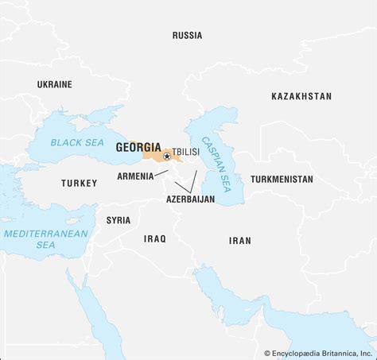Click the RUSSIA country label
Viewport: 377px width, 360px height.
point(188,35)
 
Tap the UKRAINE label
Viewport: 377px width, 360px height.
point(54,83)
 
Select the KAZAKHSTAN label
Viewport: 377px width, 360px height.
point(301,95)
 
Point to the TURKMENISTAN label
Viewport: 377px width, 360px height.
point(282,180)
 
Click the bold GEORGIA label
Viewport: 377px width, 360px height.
point(138,147)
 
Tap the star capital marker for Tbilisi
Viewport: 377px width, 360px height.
point(166,156)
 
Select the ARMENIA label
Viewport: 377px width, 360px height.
point(135,176)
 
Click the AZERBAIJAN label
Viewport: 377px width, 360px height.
point(190,199)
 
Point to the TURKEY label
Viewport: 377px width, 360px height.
point(79,184)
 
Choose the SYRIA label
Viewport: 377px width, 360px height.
point(119,219)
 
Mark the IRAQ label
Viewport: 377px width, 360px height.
point(154,238)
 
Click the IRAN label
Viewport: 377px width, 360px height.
point(239,240)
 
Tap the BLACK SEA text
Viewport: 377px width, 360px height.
point(77,142)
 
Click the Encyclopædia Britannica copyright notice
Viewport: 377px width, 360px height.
point(318,352)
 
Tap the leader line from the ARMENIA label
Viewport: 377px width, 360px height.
point(161,173)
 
